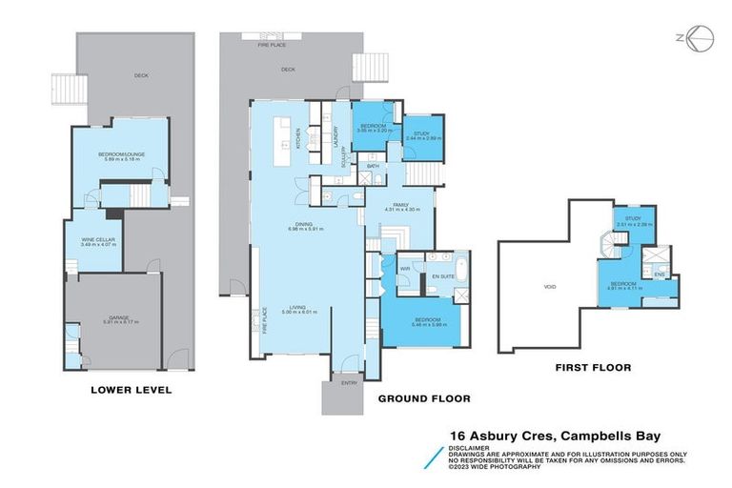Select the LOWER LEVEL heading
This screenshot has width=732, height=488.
pos(131,389)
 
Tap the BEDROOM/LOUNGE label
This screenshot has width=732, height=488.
pos(119,156)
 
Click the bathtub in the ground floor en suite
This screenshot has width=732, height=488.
pos(460,268)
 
